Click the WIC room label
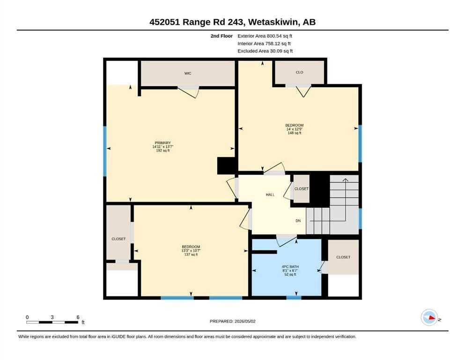188,73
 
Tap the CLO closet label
300,72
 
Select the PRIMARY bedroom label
163,143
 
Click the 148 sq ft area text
295,133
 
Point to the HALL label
270,195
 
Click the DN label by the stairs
298,221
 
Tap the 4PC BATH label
290,267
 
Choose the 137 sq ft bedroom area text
191,255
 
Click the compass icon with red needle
429,317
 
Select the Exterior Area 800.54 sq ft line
265,36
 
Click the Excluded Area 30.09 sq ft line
265,51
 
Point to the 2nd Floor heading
221,36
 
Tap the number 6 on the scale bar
78,317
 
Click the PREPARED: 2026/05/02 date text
232,321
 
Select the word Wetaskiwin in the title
273,22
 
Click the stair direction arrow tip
346,179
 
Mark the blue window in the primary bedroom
105,151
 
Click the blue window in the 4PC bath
294,298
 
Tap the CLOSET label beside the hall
301,189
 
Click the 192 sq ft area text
163,150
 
